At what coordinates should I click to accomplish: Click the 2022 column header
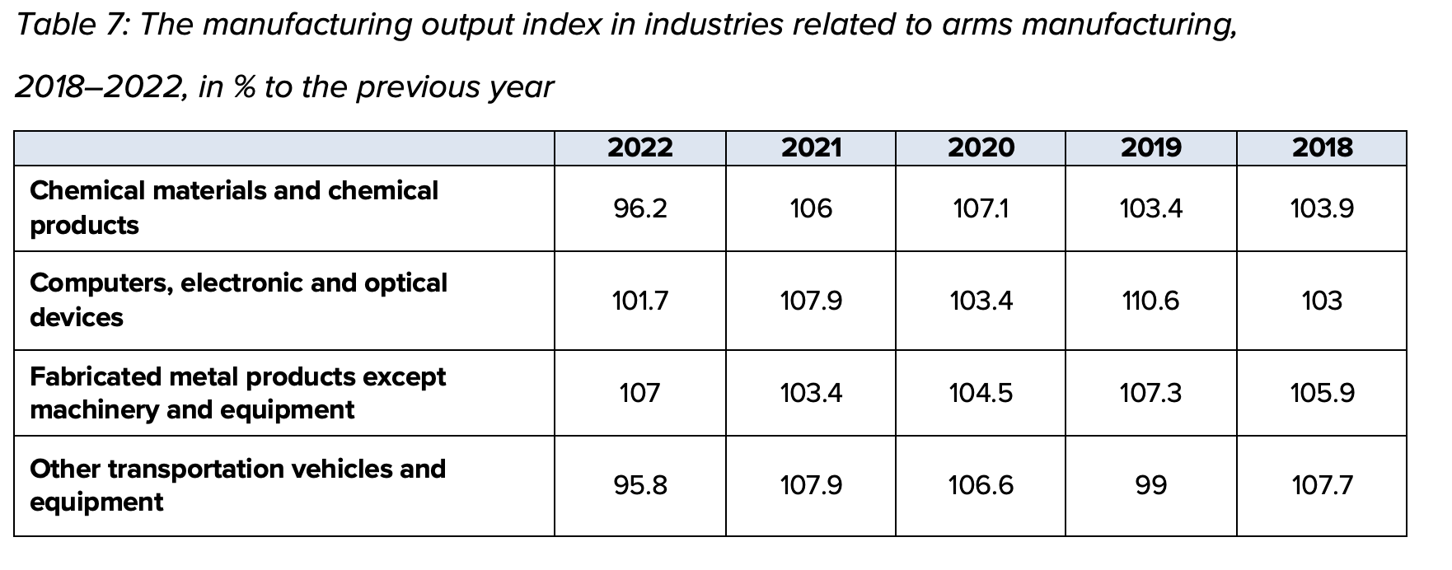(639, 148)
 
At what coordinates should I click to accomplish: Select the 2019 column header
(1150, 148)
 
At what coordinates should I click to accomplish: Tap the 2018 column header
(1322, 148)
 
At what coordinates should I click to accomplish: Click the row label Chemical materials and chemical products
(234, 208)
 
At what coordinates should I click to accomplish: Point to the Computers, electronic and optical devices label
(238, 300)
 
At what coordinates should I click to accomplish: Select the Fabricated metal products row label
(237, 393)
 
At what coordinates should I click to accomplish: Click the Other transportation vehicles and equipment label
(237, 485)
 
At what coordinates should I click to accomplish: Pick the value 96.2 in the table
(639, 209)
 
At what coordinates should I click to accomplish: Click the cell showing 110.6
(1150, 301)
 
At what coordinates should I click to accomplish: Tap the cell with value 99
(1150, 486)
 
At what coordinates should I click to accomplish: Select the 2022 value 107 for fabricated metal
(639, 394)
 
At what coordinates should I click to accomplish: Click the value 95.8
(639, 486)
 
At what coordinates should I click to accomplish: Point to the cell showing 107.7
(1322, 486)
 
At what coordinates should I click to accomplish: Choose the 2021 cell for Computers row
(811, 301)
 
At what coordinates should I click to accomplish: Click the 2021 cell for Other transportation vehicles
(811, 486)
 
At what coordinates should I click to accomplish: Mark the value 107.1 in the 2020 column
(981, 209)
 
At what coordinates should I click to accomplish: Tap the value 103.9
(1322, 209)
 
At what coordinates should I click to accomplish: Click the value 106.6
(981, 486)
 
